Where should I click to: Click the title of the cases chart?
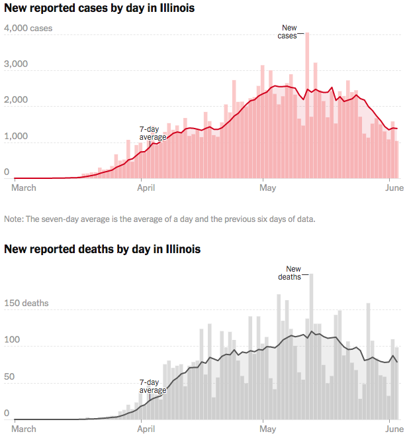99,9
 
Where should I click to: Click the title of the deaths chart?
103,250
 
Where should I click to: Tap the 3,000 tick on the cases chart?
16,65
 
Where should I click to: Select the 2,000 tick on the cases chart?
16,101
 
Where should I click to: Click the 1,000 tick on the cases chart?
16,137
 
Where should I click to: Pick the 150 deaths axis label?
26,303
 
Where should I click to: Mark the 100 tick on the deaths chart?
12,341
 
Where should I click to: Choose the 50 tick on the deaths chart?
9,377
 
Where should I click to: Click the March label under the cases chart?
24,188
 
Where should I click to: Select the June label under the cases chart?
394,188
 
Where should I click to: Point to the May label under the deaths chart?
267,429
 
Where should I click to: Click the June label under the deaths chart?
394,429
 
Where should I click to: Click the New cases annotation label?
288,32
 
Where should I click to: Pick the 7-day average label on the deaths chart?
152,386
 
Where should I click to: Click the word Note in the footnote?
13,219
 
